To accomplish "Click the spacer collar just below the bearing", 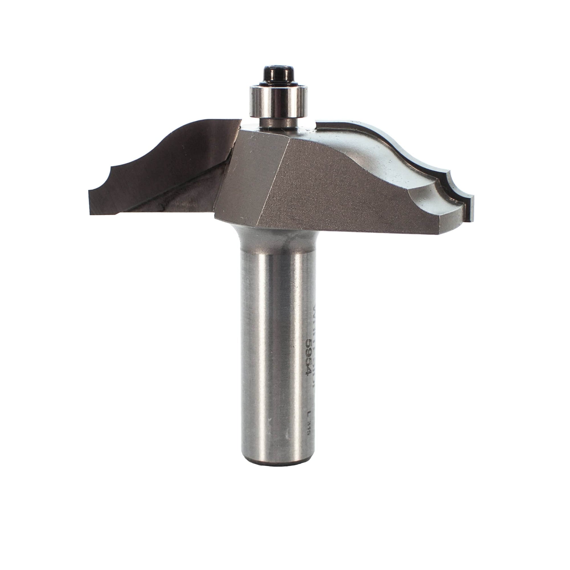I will tap(277, 124).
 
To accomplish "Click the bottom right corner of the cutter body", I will tap(439, 233).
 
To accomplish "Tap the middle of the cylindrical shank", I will tap(277, 354).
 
